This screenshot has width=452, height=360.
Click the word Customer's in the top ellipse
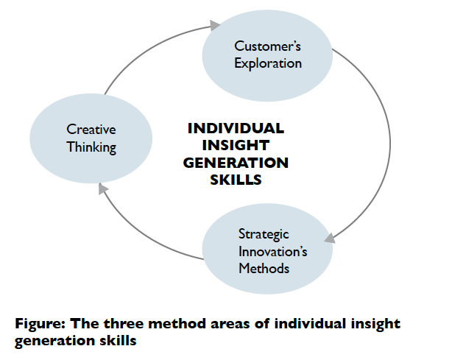click(x=268, y=46)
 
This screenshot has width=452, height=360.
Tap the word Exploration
click(x=268, y=63)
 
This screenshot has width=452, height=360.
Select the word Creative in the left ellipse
click(x=91, y=130)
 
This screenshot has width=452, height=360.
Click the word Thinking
click(x=91, y=147)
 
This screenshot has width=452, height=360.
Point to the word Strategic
click(x=264, y=235)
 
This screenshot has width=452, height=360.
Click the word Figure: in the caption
click(x=38, y=325)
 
